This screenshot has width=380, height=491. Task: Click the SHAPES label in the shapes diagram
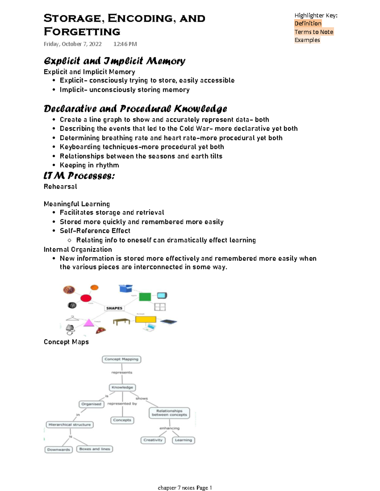pos(114,308)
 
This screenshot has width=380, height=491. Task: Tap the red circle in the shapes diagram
pos(86,298)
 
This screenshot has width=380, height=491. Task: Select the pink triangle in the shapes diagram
pos(89,323)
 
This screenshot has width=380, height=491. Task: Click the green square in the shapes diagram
pos(145,297)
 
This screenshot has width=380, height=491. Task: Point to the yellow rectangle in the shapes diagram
pos(146,319)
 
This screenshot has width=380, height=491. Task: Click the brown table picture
pos(122,322)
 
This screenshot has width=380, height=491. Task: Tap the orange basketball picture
pos(94,287)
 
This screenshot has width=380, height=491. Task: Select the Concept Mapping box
pos(122,359)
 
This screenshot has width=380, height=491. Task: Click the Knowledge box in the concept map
pos(122,387)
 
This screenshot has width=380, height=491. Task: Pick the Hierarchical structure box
pos(70,425)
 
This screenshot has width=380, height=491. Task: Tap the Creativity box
pos(153,440)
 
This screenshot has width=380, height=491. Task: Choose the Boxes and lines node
pos(95,449)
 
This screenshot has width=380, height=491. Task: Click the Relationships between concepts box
pos(169,413)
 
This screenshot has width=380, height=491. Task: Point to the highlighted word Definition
pos(308,23)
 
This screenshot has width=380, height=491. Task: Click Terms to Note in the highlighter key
pos(314,32)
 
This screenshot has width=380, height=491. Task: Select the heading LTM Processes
pos(79,176)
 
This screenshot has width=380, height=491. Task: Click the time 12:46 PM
pos(125,44)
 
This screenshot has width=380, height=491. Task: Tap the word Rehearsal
pos(60,186)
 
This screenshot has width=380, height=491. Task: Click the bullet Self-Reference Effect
pos(95,231)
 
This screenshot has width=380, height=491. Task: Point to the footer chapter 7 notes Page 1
pos(185,488)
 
